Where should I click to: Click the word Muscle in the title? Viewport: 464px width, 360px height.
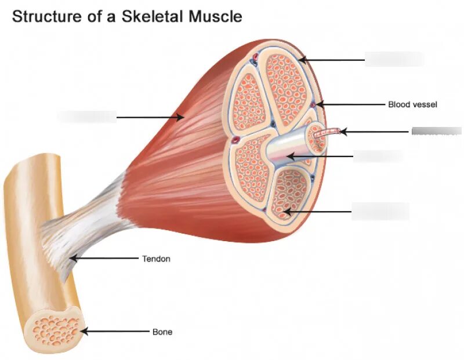pyautogui.click(x=214, y=16)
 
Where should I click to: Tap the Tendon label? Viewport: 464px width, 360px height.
pyautogui.click(x=156, y=259)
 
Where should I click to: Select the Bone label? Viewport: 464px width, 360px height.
pyautogui.click(x=162, y=332)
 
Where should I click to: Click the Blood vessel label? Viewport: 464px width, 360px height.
pyautogui.click(x=412, y=105)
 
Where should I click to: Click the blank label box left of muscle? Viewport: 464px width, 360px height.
pyautogui.click(x=86, y=117)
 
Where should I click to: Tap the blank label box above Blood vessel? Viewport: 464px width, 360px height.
pyautogui.click(x=394, y=59)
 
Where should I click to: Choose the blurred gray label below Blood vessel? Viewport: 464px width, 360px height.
pyautogui.click(x=436, y=131)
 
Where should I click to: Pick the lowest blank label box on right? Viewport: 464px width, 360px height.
pyautogui.click(x=380, y=212)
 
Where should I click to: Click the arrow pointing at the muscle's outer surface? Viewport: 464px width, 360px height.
pyautogui.click(x=151, y=117)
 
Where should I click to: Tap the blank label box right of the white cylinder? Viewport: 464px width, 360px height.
pyautogui.click(x=378, y=156)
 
